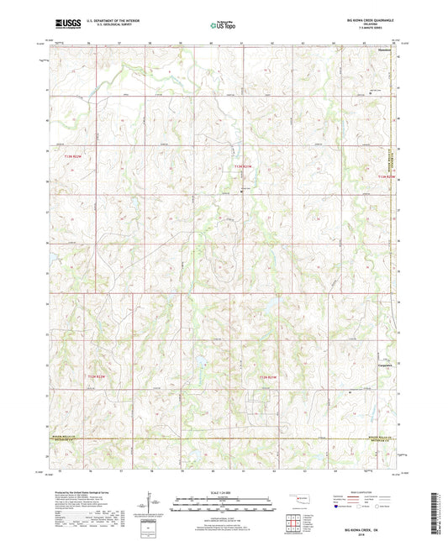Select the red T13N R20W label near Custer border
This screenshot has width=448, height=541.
coord(386,177)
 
